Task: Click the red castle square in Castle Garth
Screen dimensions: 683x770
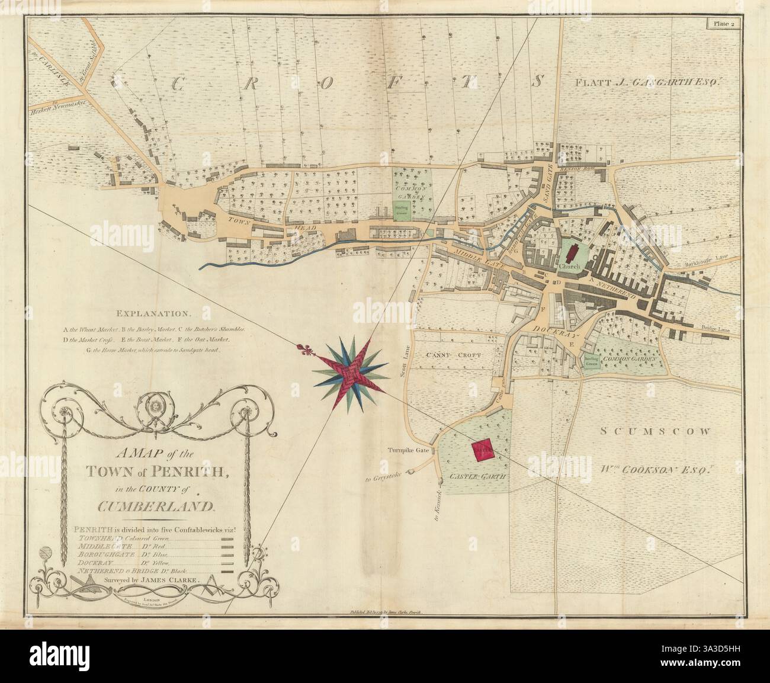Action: click(483, 451)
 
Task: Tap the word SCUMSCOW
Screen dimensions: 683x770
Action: click(654, 432)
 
